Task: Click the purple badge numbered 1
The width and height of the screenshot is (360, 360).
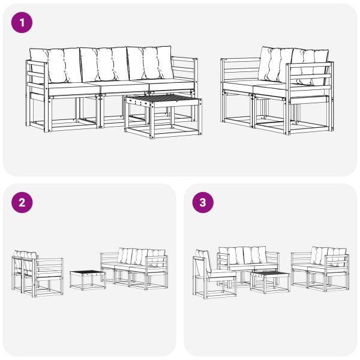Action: coord(22,23)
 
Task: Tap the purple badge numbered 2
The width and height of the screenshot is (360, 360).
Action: coord(22,203)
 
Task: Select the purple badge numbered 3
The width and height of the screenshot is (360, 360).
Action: coord(202,203)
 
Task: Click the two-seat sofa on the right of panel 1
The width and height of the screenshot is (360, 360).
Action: coord(275,90)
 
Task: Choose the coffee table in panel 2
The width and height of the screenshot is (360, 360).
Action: coord(88,280)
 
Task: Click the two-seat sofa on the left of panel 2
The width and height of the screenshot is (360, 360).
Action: coord(37,272)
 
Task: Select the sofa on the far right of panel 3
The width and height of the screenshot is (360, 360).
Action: coord(320,268)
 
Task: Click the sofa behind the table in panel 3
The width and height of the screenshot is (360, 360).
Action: coord(247,261)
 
